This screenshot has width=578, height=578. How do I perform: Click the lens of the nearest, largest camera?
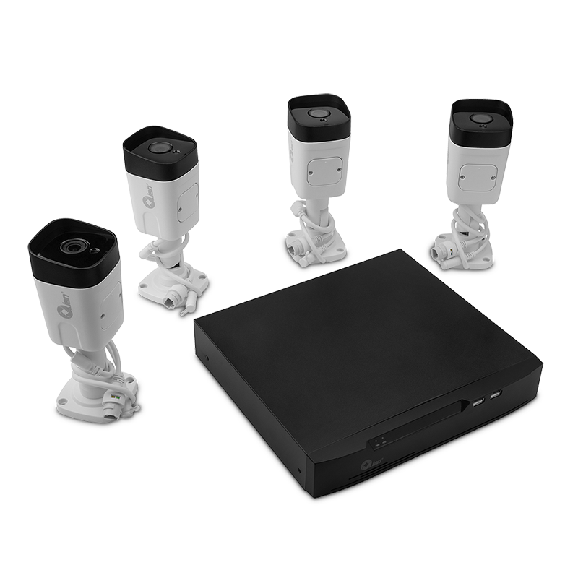click(72, 247)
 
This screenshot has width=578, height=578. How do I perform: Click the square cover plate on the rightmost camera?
click(478, 176)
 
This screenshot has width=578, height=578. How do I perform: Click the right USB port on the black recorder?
click(495, 395)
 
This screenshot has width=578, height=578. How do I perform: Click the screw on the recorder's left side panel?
click(204, 358)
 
